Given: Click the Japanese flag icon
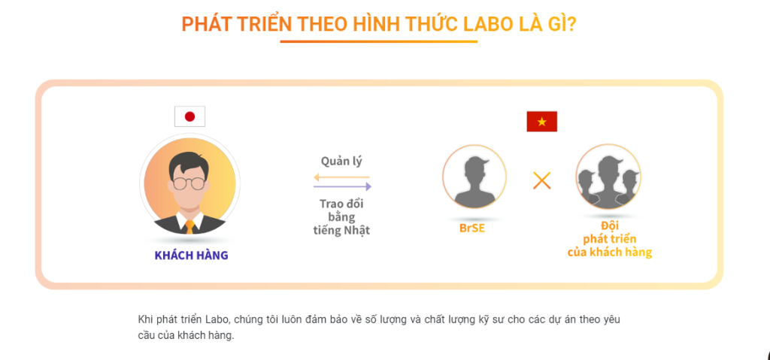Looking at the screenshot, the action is pyautogui.click(x=189, y=116).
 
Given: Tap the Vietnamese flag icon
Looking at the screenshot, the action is pyautogui.click(x=541, y=121).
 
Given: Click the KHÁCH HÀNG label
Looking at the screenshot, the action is pyautogui.click(x=192, y=256).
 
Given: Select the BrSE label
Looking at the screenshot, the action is pyautogui.click(x=472, y=228).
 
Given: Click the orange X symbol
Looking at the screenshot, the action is pyautogui.click(x=541, y=180).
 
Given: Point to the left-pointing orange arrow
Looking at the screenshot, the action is pyautogui.click(x=342, y=177).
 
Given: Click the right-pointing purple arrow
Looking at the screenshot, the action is pyautogui.click(x=342, y=186).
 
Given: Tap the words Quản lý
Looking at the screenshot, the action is pyautogui.click(x=342, y=161).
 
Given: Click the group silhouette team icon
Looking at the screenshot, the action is pyautogui.click(x=608, y=176).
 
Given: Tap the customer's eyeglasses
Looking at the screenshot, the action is pyautogui.click(x=189, y=183).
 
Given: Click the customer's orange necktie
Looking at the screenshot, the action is pyautogui.click(x=189, y=226).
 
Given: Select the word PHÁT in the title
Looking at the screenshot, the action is pyautogui.click(x=206, y=25).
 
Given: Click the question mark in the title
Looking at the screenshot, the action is pyautogui.click(x=571, y=25).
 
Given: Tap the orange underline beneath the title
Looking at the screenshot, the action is pyautogui.click(x=379, y=42).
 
